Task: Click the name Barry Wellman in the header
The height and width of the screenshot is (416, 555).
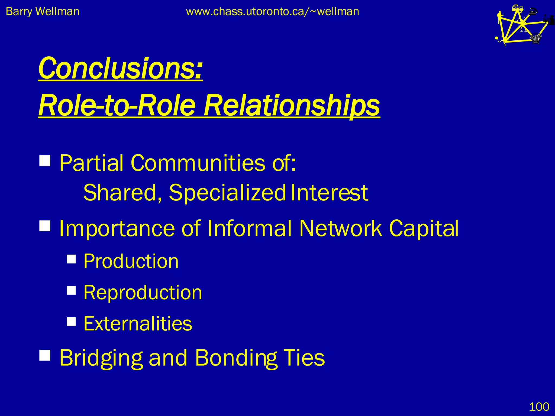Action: tap(43, 12)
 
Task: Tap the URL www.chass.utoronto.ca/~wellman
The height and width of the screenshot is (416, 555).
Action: tap(272, 12)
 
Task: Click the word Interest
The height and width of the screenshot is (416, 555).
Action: tap(329, 193)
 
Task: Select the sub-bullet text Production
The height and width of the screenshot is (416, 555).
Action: tap(131, 261)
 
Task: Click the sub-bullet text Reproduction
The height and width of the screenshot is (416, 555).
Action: tap(143, 293)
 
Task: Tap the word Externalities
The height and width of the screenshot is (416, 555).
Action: tap(138, 324)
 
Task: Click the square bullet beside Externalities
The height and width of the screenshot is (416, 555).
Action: tap(71, 321)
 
